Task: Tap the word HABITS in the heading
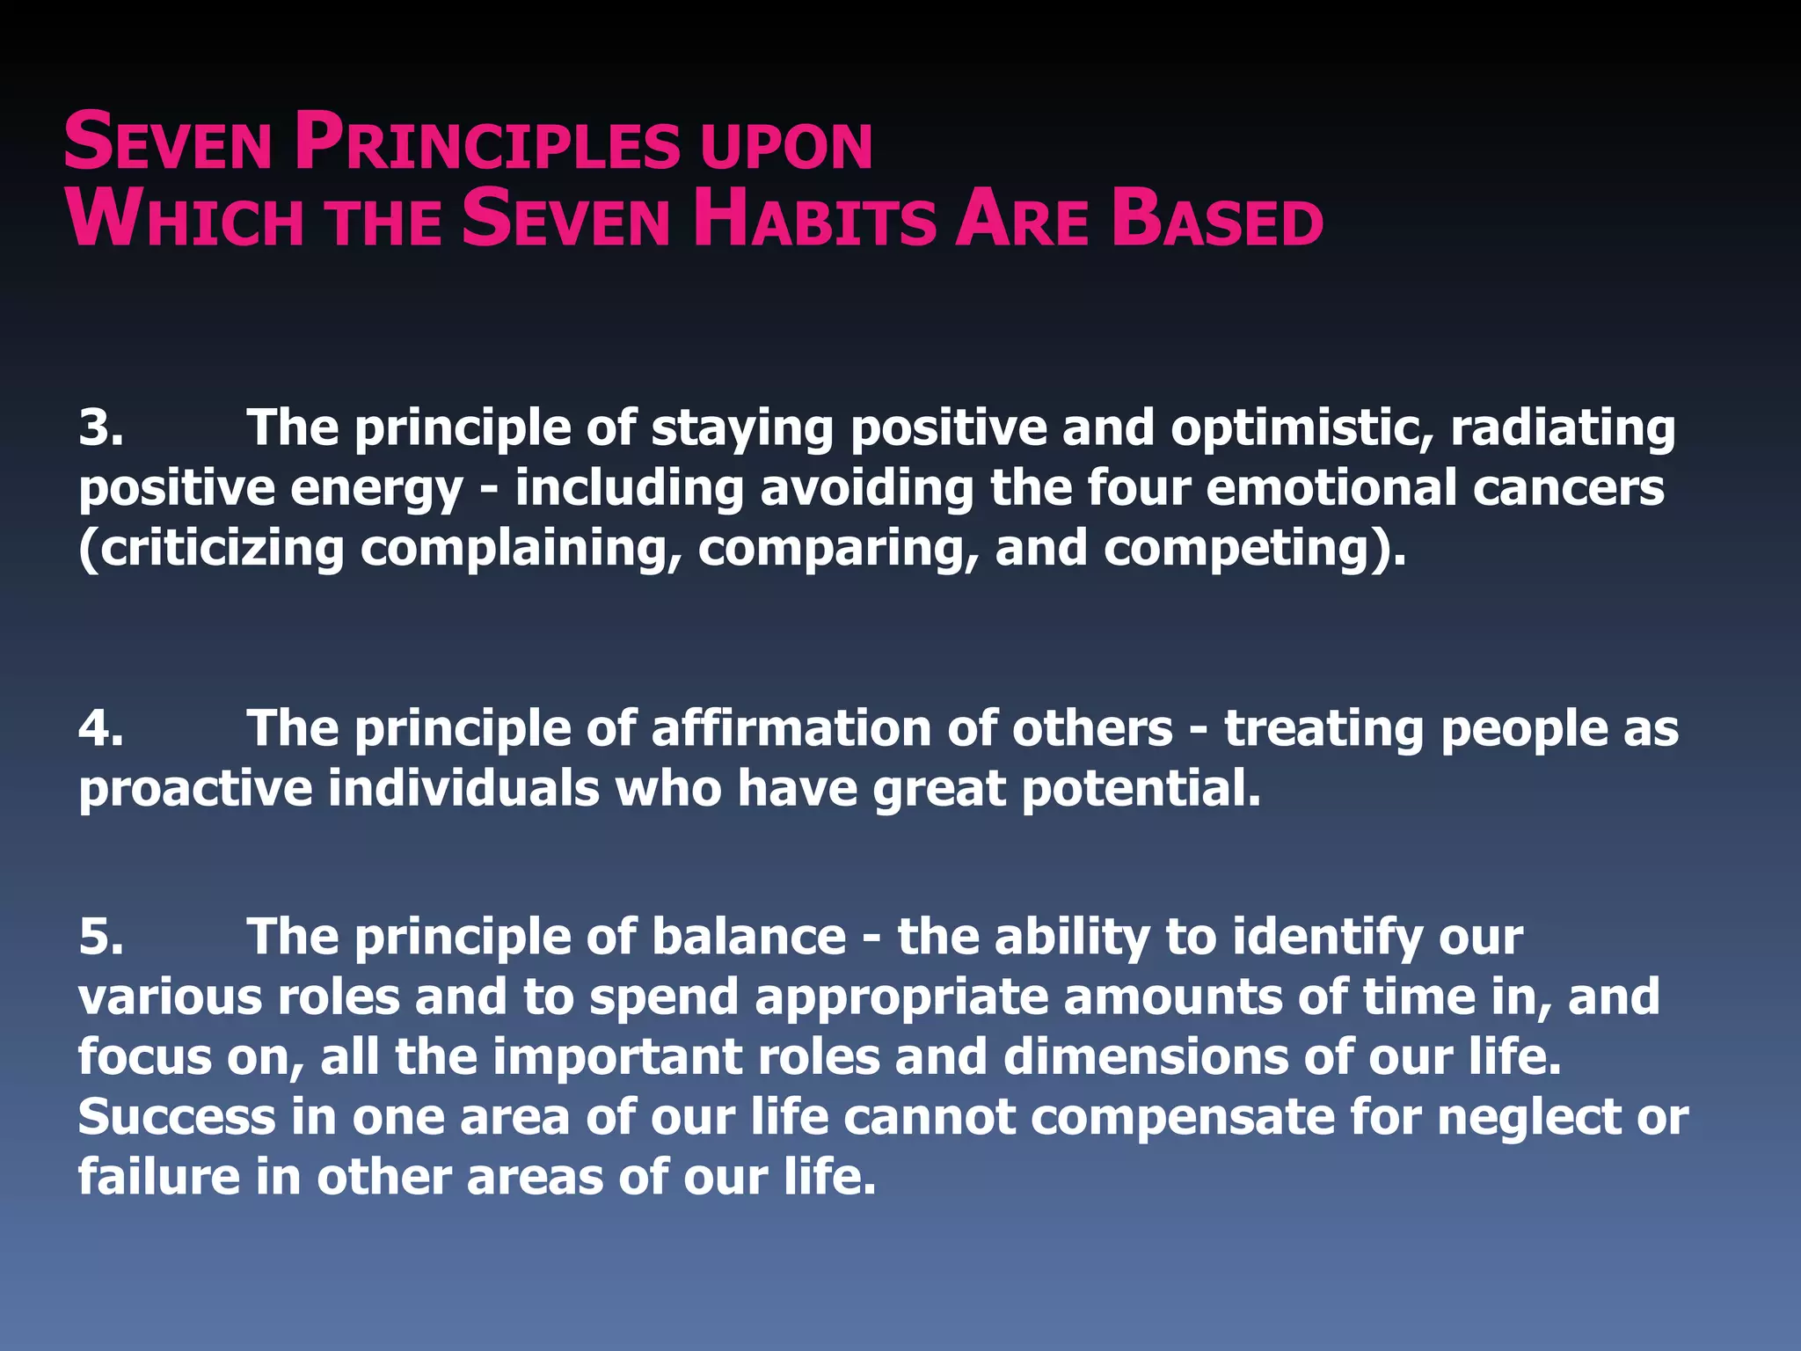pyautogui.click(x=814, y=220)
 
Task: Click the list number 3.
pyautogui.click(x=100, y=428)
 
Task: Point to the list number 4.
pyautogui.click(x=100, y=729)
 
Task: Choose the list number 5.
pyautogui.click(x=100, y=937)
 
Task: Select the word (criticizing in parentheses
pyautogui.click(x=211, y=548)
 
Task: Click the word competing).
pyautogui.click(x=1254, y=548)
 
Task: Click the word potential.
pyautogui.click(x=1141, y=789)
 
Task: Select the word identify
pyautogui.click(x=1327, y=937)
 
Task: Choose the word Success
pyautogui.click(x=177, y=1117)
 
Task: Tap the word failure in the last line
pyautogui.click(x=158, y=1177)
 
